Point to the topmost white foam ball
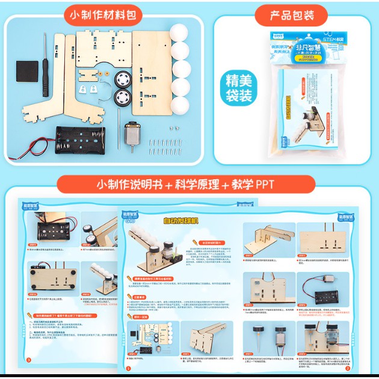179,34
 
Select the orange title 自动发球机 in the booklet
180,221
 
